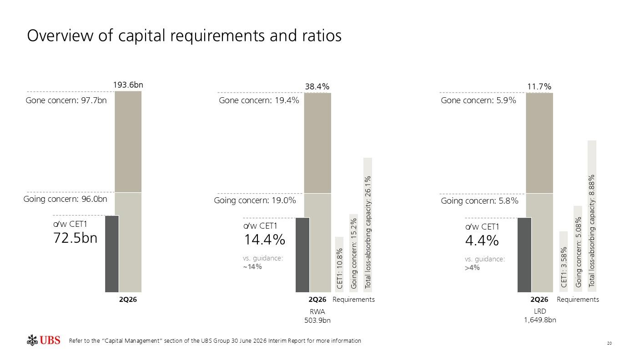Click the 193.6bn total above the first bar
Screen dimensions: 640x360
(128, 85)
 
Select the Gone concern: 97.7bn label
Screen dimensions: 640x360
(66, 100)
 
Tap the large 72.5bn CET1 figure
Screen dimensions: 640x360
(76, 238)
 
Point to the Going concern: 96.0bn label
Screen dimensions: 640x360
(65, 199)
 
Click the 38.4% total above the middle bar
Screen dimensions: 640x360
(317, 86)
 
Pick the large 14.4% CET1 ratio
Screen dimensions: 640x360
(265, 240)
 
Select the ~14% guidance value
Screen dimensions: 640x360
(252, 267)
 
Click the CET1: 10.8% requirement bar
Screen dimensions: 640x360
(339, 265)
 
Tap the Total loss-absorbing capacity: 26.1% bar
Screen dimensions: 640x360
(368, 225)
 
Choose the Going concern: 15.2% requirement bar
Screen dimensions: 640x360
(353, 253)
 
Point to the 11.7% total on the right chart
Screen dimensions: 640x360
(539, 86)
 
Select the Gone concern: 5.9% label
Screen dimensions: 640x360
(479, 100)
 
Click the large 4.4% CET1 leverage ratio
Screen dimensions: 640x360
(482, 240)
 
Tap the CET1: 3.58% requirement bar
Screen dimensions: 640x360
(564, 261)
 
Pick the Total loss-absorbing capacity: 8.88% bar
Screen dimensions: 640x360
(592, 216)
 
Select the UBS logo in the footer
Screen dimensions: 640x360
(43, 340)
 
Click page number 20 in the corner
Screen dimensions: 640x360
(610, 343)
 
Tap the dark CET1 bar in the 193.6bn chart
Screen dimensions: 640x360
(112, 254)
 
